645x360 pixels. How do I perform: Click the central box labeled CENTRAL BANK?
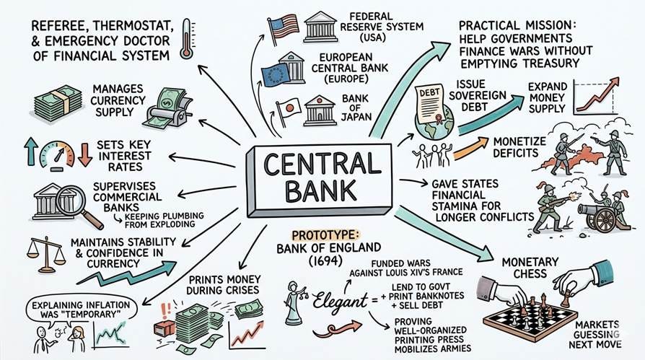(322, 177)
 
